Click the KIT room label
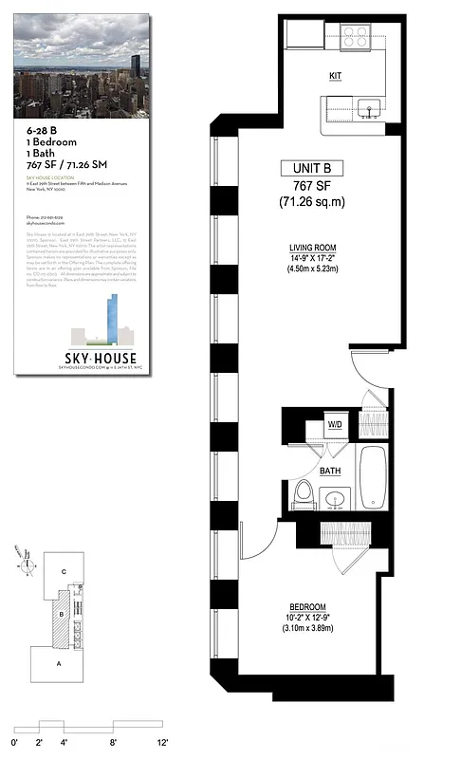[336, 75]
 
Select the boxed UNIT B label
[311, 168]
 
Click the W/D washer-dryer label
[335, 424]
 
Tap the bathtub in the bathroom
[373, 477]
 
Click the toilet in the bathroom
[304, 492]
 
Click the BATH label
[330, 470]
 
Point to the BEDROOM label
[308, 606]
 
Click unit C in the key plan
[63, 572]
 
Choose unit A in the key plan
[58, 663]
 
